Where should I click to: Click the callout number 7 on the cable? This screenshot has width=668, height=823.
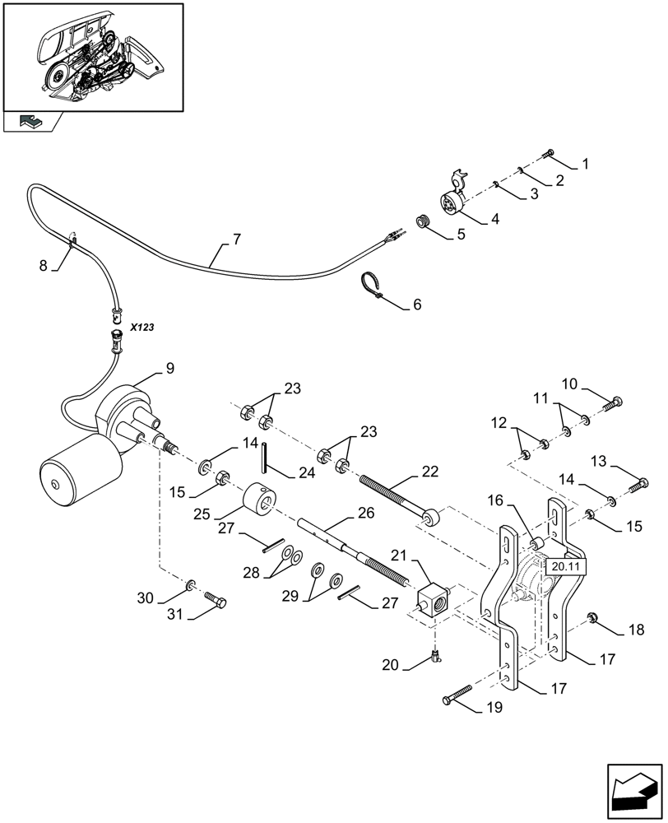click(x=237, y=239)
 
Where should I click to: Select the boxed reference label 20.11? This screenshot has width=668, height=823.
click(x=565, y=566)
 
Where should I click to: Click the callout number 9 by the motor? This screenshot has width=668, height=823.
click(x=169, y=368)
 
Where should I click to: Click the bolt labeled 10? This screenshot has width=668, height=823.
click(x=614, y=402)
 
